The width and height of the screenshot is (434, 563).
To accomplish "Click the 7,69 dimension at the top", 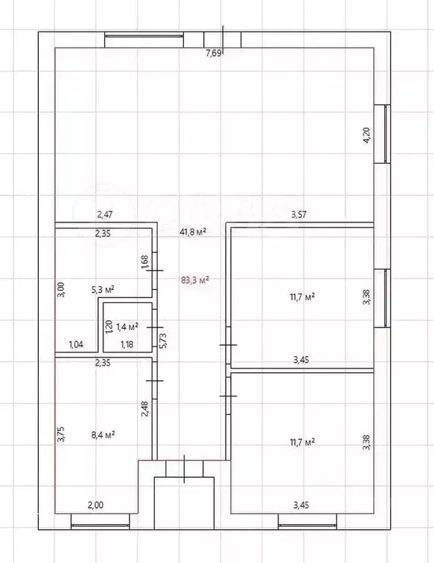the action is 213,54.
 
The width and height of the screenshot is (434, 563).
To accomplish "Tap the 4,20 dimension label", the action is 367,136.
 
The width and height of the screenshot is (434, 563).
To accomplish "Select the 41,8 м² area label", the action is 193,232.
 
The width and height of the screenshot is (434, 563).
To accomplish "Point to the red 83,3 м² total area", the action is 195,280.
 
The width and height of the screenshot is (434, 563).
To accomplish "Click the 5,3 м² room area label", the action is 103,290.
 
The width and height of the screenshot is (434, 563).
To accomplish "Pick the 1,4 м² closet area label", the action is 128,327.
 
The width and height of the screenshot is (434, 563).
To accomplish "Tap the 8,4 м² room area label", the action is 103,435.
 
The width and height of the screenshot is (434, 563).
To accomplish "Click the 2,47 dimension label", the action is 105,215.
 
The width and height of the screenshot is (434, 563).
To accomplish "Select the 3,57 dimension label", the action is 299,215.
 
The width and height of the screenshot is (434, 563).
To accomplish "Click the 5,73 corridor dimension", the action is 163,341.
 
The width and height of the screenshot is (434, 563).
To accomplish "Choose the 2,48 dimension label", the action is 145,409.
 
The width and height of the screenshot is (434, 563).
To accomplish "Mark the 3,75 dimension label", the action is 61,434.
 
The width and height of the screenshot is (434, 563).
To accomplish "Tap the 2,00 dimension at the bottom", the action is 95,505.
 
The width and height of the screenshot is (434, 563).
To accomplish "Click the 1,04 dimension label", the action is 76,345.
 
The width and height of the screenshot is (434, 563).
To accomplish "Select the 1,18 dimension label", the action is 127,345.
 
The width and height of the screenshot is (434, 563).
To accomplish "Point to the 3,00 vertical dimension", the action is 61,289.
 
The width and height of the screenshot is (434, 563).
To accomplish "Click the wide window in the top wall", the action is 144,40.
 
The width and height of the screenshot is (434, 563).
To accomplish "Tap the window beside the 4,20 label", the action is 383,134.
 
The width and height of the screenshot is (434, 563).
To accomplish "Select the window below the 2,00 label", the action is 100,522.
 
